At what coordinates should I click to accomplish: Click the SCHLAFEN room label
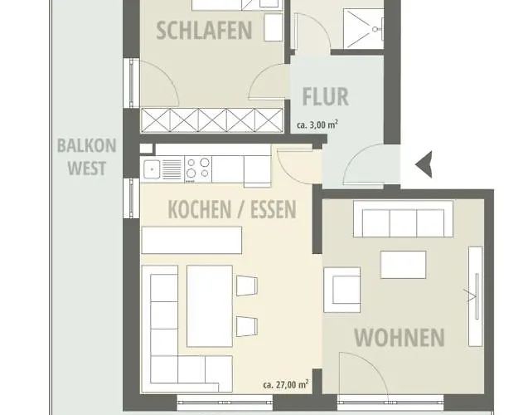[x=204, y=32]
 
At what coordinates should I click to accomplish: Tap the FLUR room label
[x=325, y=96]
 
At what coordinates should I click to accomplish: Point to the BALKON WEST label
[x=86, y=157]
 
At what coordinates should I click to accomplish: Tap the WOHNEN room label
[x=399, y=338]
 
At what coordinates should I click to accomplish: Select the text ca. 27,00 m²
[x=285, y=385]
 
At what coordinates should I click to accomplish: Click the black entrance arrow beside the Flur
[x=423, y=164]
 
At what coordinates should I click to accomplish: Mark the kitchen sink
[x=153, y=170]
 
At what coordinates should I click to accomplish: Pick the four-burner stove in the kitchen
[x=199, y=169]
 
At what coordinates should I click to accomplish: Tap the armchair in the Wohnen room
[x=342, y=290]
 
